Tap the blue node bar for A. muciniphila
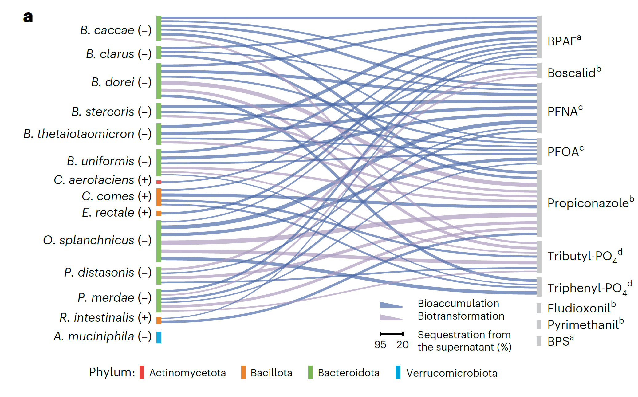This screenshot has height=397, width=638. [x=159, y=337]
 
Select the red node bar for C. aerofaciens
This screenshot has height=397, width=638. [x=159, y=182]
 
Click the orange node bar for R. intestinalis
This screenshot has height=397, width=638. [x=159, y=320]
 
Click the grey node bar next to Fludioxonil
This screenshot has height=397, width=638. [x=539, y=308]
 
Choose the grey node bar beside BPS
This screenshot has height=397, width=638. [x=539, y=341]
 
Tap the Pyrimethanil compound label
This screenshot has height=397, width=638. [x=585, y=324]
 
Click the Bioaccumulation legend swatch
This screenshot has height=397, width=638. [x=391, y=305]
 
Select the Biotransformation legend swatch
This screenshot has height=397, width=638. [x=391, y=317]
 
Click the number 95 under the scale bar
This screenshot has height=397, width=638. [x=380, y=344]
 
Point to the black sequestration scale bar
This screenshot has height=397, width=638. [x=392, y=334]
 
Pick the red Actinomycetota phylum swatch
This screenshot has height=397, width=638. [x=142, y=372]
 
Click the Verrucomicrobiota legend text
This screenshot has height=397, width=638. [x=452, y=373]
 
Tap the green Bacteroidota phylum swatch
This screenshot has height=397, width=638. [x=310, y=372]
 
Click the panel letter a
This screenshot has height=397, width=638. [x=28, y=17]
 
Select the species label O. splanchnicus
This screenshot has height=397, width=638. [x=89, y=240]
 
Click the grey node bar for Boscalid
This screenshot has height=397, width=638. [x=539, y=70]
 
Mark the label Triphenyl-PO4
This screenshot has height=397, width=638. [x=590, y=288]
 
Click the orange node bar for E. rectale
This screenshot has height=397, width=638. [x=159, y=213]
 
